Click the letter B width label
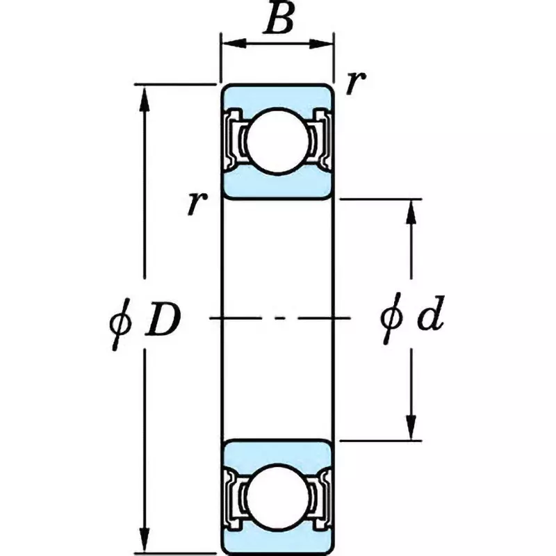click(x=279, y=20)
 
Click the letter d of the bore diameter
click(x=430, y=318)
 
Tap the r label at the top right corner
click(x=354, y=83)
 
